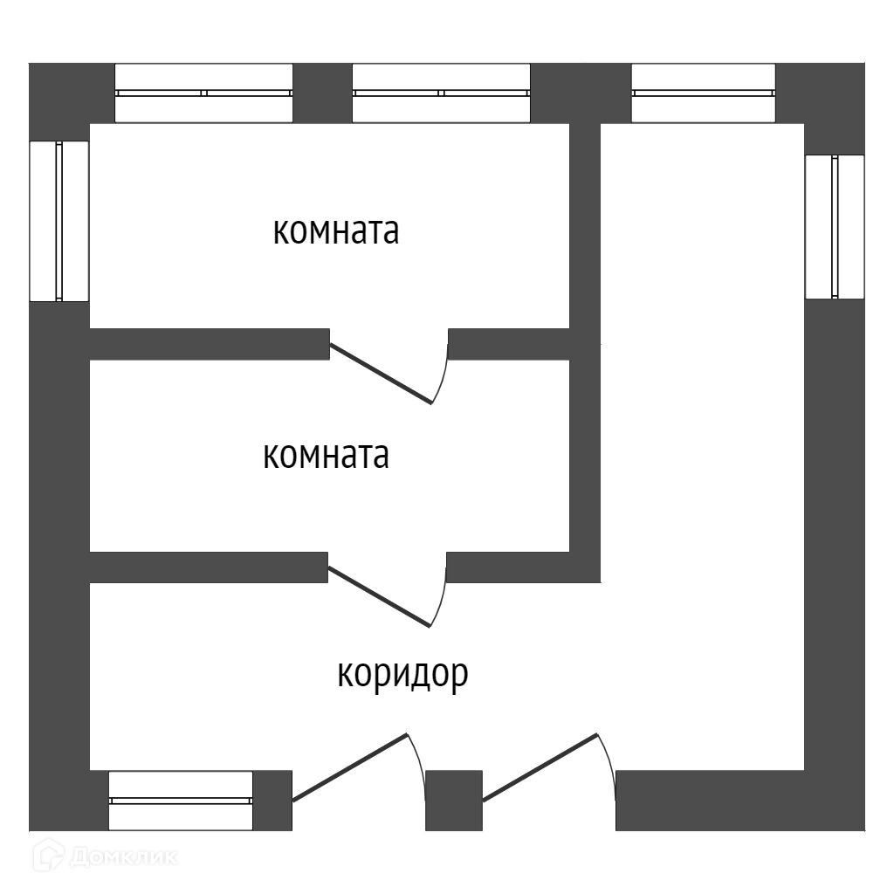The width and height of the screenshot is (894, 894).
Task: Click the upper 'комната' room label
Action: point(336,232)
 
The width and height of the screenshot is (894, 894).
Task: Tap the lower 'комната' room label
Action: point(326,456)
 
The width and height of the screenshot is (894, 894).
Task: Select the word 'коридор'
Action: point(402,674)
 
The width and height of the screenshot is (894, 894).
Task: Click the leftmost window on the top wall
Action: point(204,93)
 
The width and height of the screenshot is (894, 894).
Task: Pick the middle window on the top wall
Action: point(441,93)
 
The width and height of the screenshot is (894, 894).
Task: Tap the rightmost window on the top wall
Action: point(703,93)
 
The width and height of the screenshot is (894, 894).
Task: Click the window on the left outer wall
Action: point(59,221)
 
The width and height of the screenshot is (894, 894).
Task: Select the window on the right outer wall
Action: point(835,227)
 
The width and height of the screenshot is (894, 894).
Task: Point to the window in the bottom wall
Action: point(181,800)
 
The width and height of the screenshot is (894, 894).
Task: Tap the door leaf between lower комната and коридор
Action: point(379,596)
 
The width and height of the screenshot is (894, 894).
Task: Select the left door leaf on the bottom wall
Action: point(349,767)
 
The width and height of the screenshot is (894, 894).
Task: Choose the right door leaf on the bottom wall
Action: point(540,766)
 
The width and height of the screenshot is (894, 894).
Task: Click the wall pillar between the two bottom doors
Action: point(454,800)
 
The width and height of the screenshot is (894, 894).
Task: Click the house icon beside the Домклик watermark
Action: point(47,856)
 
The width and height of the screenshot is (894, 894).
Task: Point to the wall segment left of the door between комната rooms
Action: point(210,344)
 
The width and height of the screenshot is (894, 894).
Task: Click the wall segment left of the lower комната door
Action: point(210,567)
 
